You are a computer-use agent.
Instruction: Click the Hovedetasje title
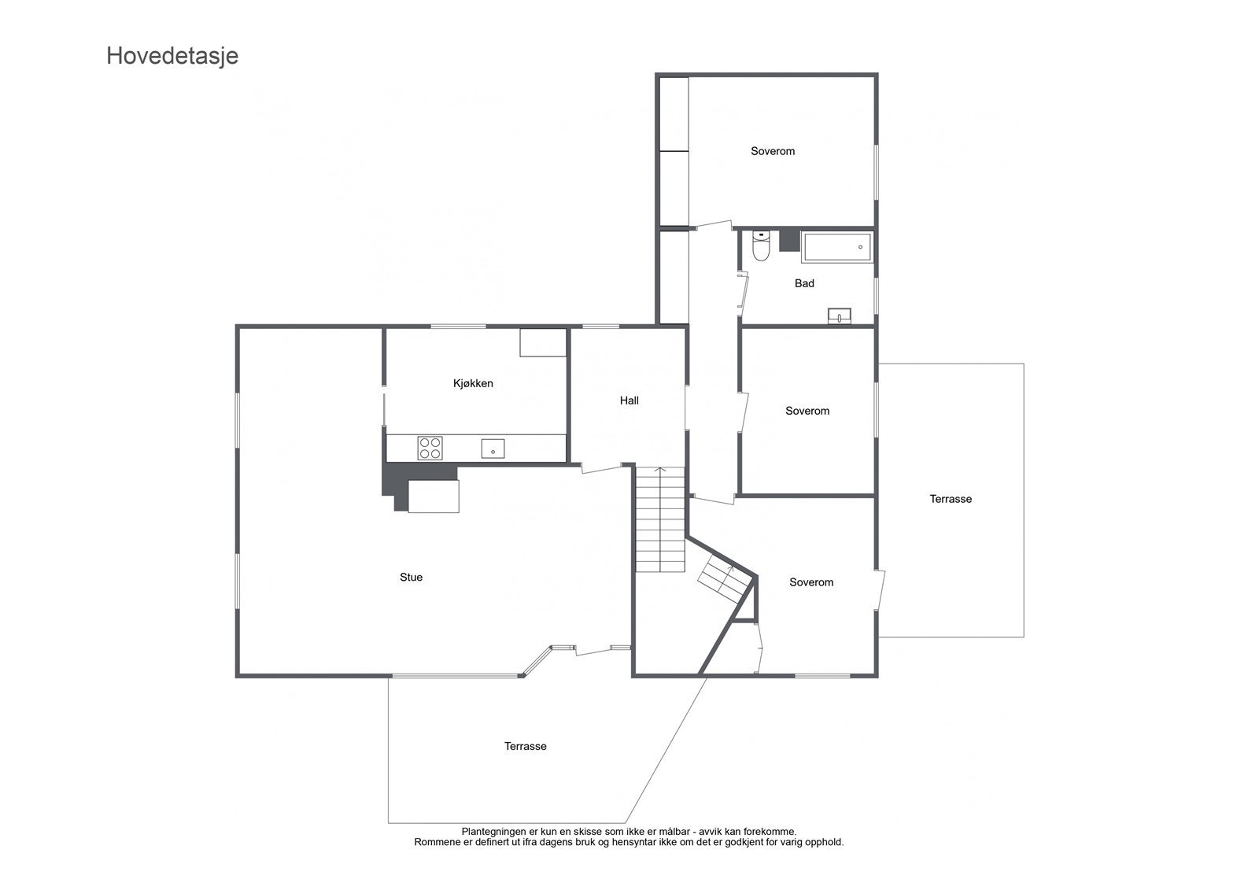[x=172, y=57]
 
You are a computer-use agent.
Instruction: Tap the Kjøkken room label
[x=473, y=383]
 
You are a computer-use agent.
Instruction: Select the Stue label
[x=411, y=578]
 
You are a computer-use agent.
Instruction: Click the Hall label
[x=629, y=401]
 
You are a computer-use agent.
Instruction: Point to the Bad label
[x=804, y=283]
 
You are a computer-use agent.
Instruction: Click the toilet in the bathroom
[x=760, y=246]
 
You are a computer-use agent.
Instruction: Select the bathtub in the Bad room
[x=836, y=247]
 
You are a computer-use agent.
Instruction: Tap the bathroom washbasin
[x=840, y=316]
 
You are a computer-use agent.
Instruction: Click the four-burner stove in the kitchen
[x=430, y=448]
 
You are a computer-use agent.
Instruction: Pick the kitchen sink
[x=493, y=449]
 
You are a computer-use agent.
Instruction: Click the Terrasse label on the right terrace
[x=951, y=499]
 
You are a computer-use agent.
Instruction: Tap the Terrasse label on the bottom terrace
[x=525, y=746]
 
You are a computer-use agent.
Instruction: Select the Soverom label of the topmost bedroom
[x=773, y=151]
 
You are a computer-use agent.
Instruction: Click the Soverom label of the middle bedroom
[x=807, y=411]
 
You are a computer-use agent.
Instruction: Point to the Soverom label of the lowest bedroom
[x=811, y=582]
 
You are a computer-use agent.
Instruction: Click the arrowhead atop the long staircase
[x=660, y=470]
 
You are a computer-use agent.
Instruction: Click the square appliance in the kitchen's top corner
[x=543, y=342]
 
